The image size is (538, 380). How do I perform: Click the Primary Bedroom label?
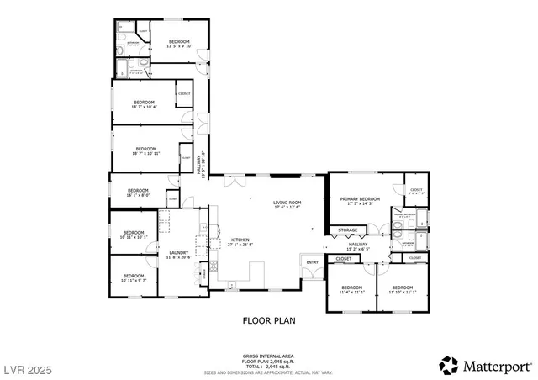pyautogui.click(x=360, y=200)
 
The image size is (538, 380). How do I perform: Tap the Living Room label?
pyautogui.click(x=287, y=203)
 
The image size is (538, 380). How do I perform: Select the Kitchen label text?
pyautogui.click(x=240, y=240)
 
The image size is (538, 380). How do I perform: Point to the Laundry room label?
pyautogui.click(x=178, y=253)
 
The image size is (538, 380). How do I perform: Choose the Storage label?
pyautogui.click(x=347, y=230)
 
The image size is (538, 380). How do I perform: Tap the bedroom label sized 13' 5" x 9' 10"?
pyautogui.click(x=180, y=42)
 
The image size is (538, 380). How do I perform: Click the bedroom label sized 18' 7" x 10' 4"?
pyautogui.click(x=145, y=105)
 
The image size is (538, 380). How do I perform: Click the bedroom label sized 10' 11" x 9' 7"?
pyautogui.click(x=133, y=277)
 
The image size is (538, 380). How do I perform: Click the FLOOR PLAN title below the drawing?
pyautogui.click(x=268, y=320)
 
